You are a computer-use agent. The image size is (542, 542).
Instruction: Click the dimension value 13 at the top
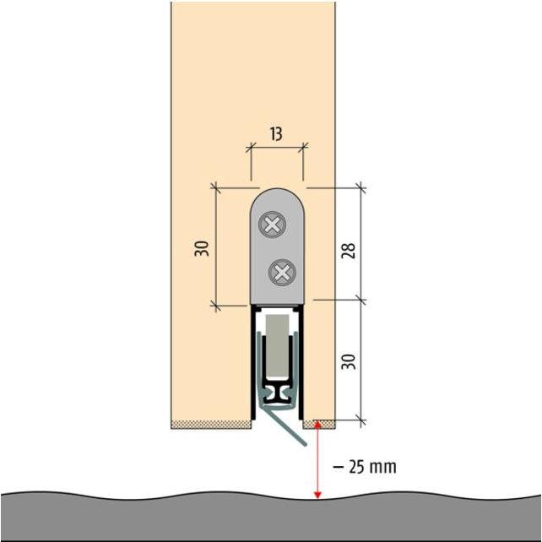tap(276, 134)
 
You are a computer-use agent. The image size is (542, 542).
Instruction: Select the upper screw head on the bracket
tap(273, 225)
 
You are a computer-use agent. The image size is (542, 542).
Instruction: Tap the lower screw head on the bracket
tap(283, 273)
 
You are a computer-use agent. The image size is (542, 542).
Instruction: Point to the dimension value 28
tap(348, 251)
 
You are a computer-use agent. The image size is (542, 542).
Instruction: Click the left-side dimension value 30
tap(202, 248)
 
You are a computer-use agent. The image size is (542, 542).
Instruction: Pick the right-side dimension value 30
tap(348, 361)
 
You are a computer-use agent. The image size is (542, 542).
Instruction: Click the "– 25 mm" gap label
tap(365, 467)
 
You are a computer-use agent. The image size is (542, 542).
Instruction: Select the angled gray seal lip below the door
tap(285, 427)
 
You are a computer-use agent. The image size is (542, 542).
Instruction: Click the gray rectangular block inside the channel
tap(277, 345)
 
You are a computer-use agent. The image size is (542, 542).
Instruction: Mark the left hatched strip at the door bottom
tap(211, 425)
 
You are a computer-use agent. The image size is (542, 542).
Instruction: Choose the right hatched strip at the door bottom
tap(319, 425)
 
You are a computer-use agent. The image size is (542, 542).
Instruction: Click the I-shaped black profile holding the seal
tap(277, 394)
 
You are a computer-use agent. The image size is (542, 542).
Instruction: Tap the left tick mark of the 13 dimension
tap(251, 148)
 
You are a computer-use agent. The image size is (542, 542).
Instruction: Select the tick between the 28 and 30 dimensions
tap(361, 300)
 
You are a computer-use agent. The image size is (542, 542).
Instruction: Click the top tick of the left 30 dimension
tap(215, 187)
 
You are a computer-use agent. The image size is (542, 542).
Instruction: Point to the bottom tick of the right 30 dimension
tap(361, 420)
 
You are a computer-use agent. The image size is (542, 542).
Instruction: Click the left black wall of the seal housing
tap(253, 362)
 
